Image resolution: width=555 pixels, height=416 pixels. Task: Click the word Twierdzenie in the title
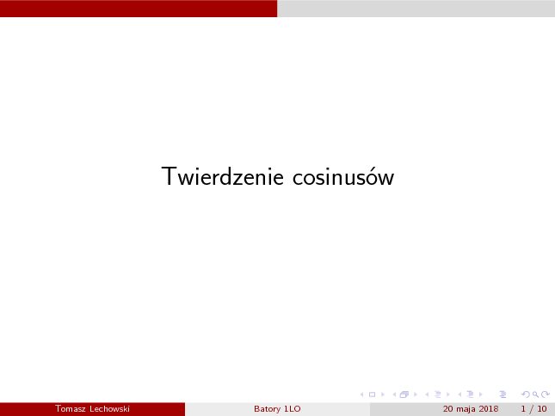(222, 176)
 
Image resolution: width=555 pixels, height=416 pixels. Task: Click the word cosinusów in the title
(343, 176)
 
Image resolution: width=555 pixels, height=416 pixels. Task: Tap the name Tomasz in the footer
(70, 409)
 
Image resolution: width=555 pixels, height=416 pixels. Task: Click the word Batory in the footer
(267, 409)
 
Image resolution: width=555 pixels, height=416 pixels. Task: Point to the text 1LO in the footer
(293, 409)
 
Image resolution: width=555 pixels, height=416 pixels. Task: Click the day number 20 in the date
(447, 409)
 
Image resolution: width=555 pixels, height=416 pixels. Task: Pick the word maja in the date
(466, 409)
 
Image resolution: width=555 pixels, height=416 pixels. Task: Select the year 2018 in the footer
(489, 409)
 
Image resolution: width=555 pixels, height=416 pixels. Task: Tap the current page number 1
(523, 409)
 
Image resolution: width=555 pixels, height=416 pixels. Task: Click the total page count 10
(542, 409)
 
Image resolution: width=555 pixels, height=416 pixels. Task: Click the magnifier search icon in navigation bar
(535, 395)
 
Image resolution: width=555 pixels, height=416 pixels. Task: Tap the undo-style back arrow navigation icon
(526, 395)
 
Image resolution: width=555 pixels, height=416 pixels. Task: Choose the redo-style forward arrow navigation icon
(546, 395)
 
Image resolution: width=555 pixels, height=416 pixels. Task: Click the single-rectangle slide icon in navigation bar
(372, 395)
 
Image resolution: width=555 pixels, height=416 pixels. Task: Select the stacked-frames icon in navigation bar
(404, 395)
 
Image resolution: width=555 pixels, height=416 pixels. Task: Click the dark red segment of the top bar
(139, 9)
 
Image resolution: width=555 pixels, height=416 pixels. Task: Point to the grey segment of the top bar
(416, 9)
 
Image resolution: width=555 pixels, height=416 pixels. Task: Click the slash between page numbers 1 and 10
(531, 409)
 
